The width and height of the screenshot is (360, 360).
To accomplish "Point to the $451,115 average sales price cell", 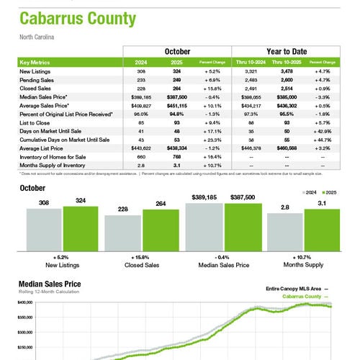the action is [x=173, y=104].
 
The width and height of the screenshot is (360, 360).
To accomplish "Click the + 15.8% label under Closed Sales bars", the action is [x=142, y=257].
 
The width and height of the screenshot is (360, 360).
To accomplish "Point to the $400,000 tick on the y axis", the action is [x=24, y=303].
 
